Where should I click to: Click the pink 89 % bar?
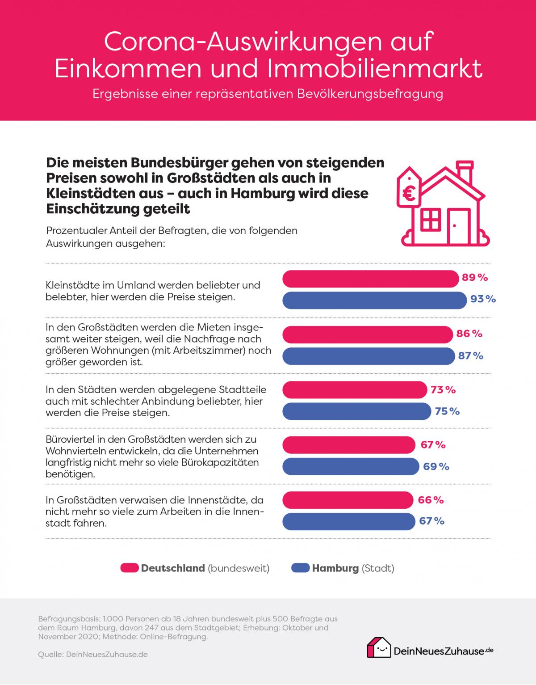[x=371, y=279]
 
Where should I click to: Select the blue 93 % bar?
[x=374, y=300]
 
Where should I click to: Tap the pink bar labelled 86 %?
[x=368, y=334]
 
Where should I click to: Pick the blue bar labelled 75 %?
[x=357, y=411]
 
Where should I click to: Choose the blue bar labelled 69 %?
[x=351, y=467]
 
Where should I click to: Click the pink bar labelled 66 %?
[x=348, y=500]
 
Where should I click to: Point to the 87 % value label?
[x=470, y=356]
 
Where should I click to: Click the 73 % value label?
[x=443, y=390]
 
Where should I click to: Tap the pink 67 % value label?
[x=433, y=445]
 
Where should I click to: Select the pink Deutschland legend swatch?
[x=130, y=568]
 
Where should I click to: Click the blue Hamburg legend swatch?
[x=300, y=568]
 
